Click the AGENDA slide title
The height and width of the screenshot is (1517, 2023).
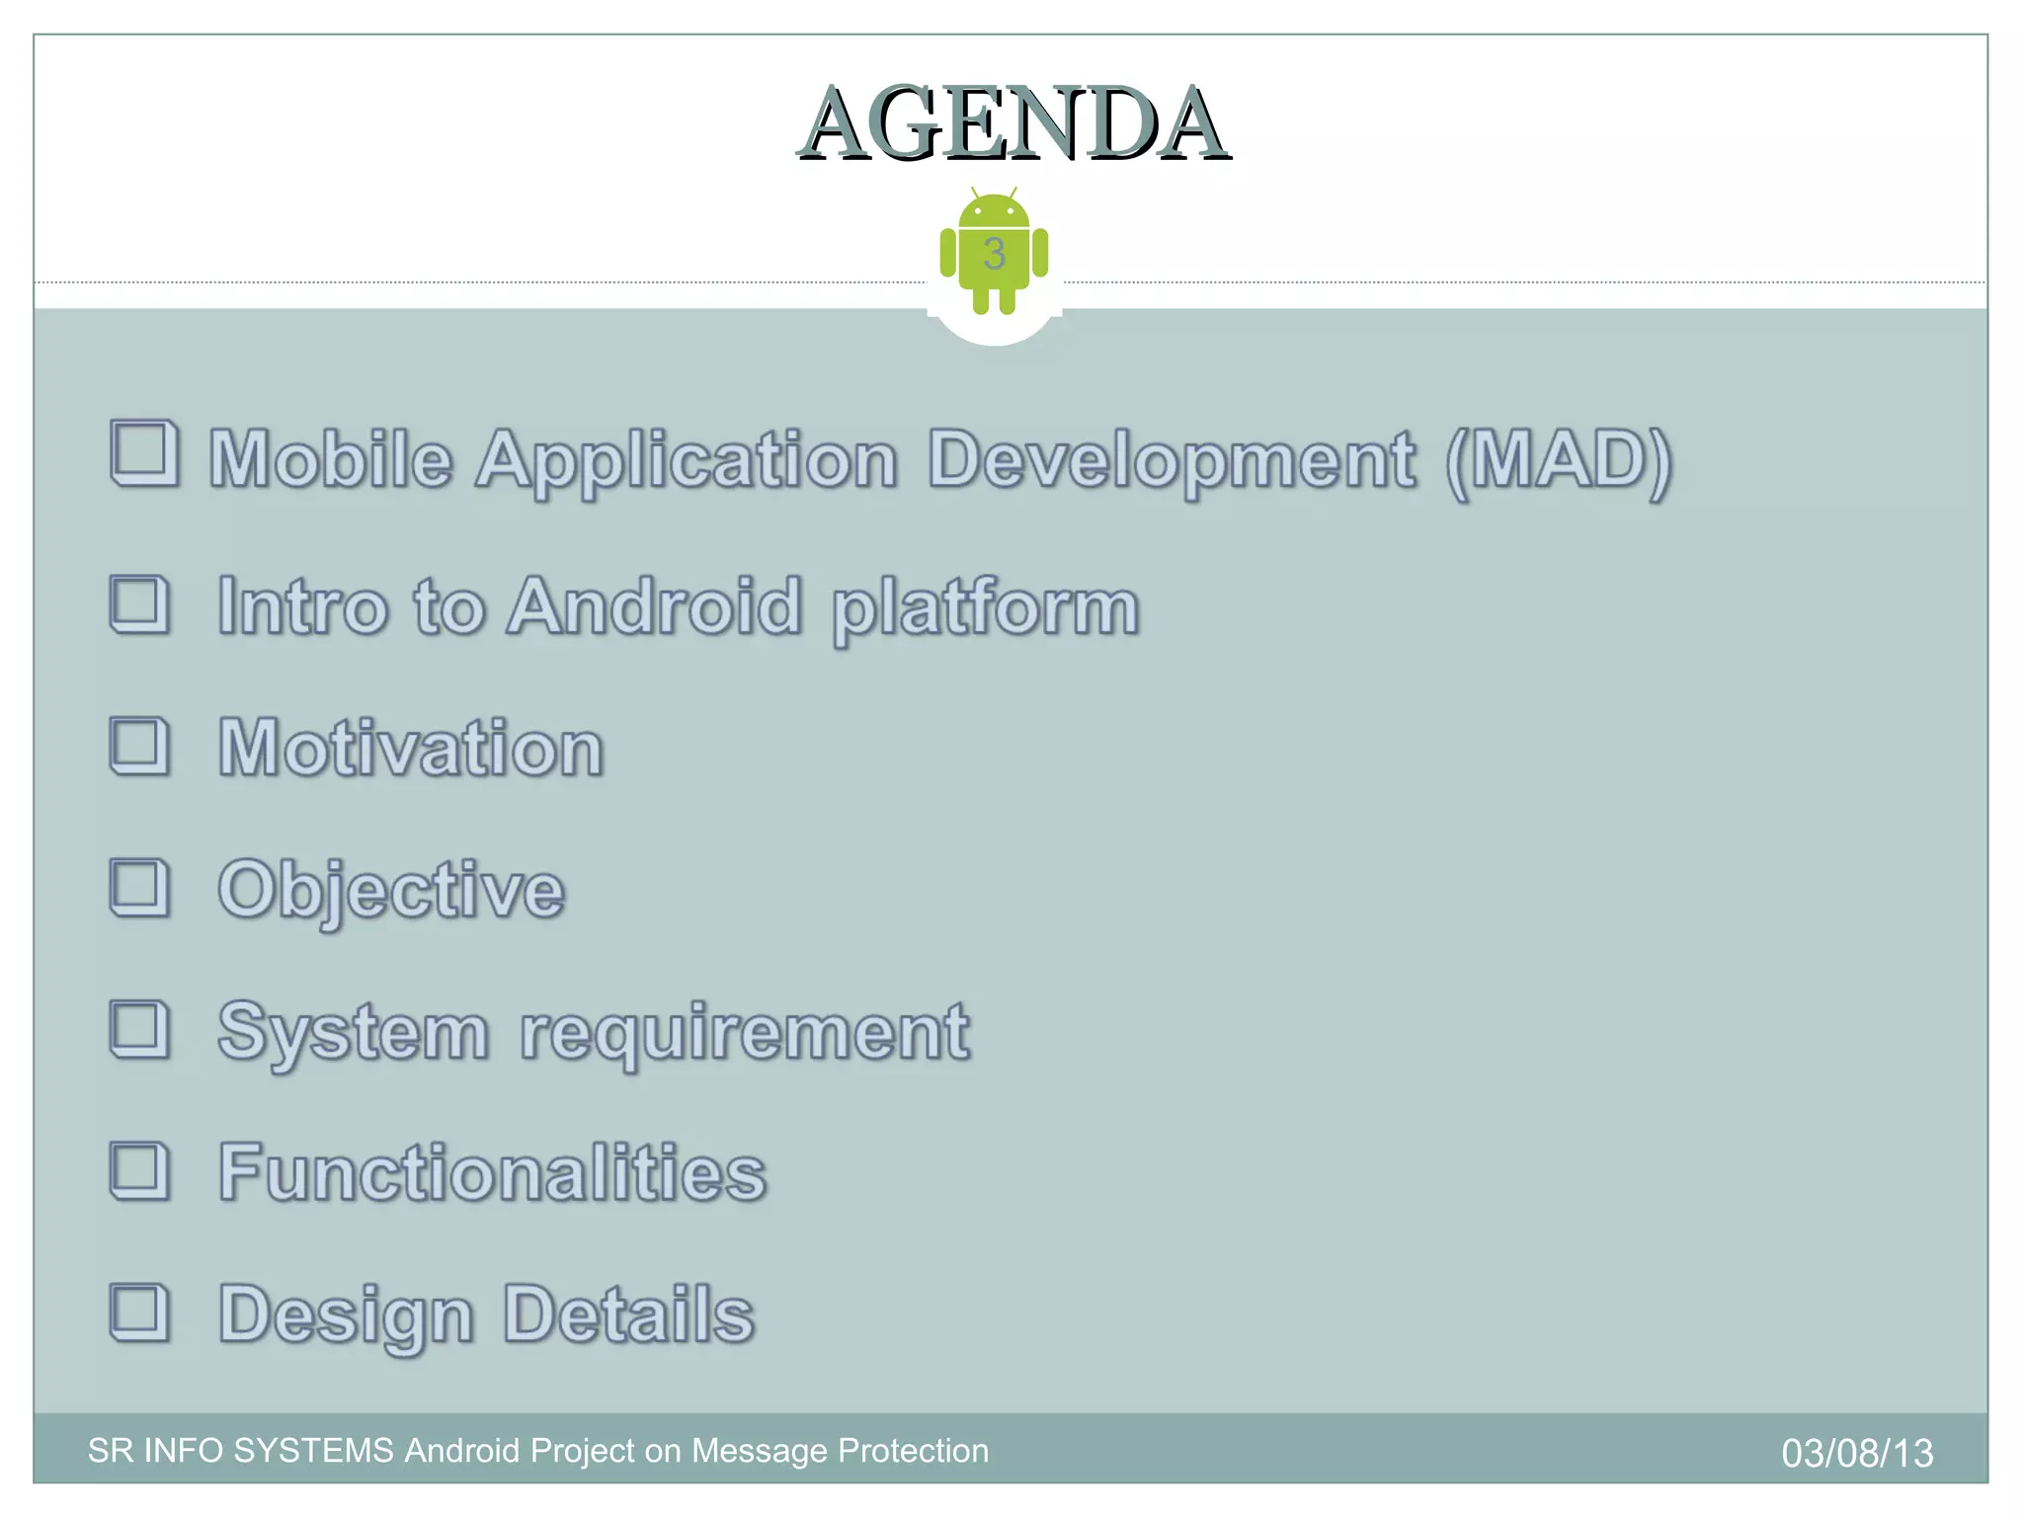click(x=1013, y=124)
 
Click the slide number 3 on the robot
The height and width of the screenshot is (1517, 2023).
click(x=994, y=254)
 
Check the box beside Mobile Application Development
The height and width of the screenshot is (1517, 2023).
click(x=144, y=453)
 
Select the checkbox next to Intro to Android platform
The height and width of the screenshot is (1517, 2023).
click(x=139, y=603)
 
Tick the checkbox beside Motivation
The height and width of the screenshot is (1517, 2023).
click(x=139, y=746)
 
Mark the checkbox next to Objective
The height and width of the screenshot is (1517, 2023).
click(x=139, y=887)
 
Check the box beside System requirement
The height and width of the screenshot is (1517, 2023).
click(x=139, y=1029)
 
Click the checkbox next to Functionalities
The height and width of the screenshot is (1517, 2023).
click(x=139, y=1171)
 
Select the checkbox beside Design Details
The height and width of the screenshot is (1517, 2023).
click(x=139, y=1313)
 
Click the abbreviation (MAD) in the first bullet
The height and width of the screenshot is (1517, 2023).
click(x=1558, y=460)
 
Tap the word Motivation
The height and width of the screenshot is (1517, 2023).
click(x=411, y=748)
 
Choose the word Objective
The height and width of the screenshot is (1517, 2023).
click(x=391, y=891)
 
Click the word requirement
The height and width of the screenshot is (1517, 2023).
click(x=745, y=1033)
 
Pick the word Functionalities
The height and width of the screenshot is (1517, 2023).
click(x=493, y=1172)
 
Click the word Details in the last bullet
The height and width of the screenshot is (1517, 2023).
click(x=629, y=1315)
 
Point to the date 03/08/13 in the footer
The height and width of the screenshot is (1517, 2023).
click(x=1857, y=1453)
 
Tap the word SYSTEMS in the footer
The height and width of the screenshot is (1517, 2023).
click(x=313, y=1451)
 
